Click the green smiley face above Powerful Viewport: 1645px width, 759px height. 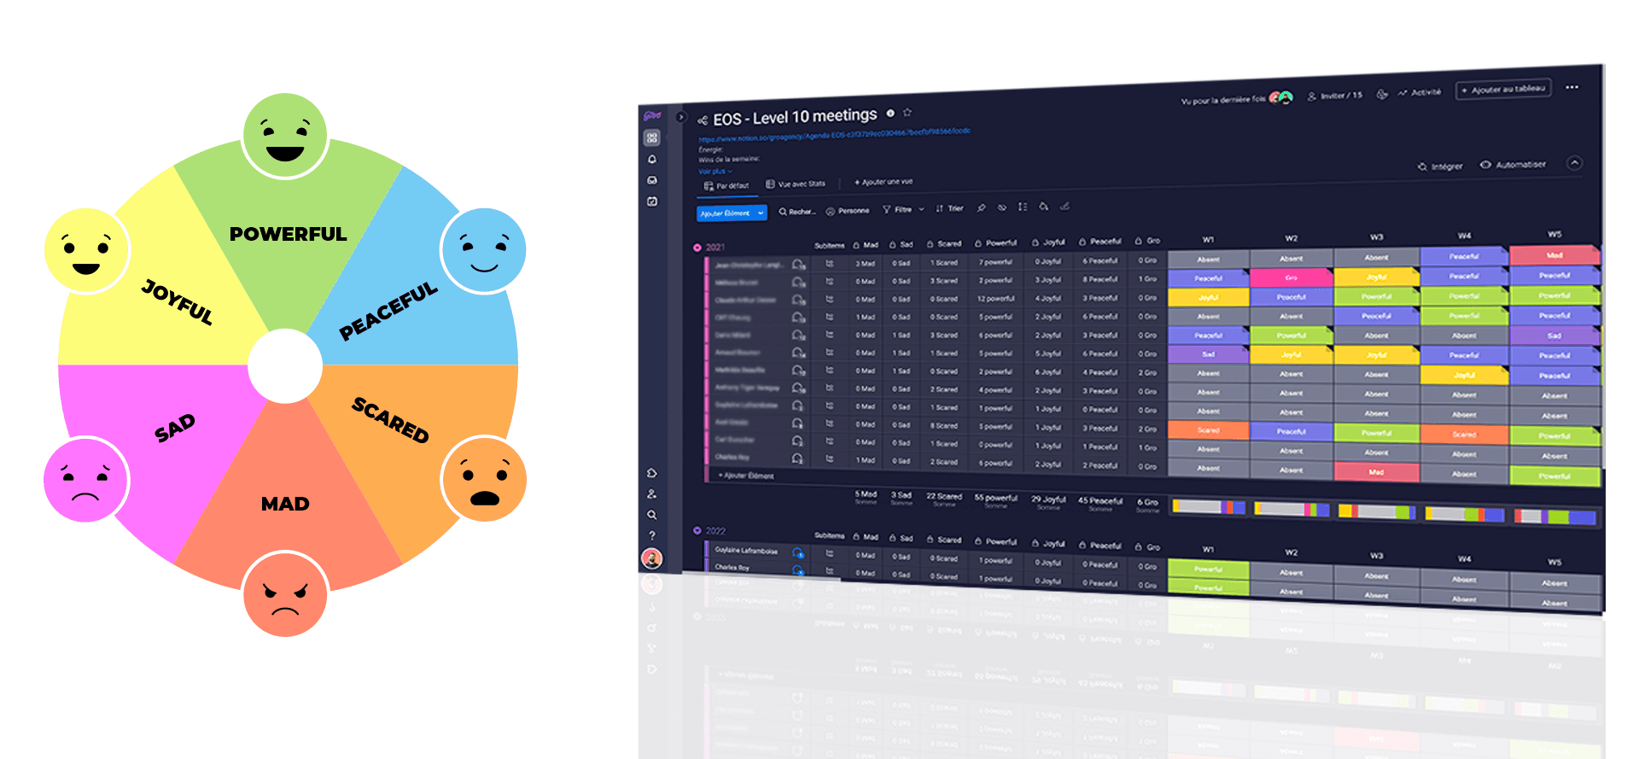[285, 136]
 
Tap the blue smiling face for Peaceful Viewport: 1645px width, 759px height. [483, 250]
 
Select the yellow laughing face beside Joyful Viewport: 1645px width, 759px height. [86, 250]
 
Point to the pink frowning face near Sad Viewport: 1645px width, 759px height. [86, 480]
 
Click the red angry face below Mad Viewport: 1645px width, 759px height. [285, 594]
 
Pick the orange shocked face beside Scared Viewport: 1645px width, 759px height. [484, 480]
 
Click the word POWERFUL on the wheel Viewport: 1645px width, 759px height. [288, 234]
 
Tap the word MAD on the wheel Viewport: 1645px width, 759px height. [285, 504]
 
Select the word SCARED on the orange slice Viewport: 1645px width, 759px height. [390, 419]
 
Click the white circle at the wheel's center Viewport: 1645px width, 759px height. [285, 366]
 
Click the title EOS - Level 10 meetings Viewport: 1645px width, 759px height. [795, 117]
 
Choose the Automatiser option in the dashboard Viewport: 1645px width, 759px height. [1520, 165]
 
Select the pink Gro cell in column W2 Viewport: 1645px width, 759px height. [1291, 277]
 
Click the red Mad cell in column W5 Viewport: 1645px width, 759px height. [1554, 255]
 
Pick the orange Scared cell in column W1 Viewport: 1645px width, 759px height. [1208, 430]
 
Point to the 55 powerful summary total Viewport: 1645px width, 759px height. [995, 498]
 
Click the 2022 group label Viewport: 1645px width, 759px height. [715, 531]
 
